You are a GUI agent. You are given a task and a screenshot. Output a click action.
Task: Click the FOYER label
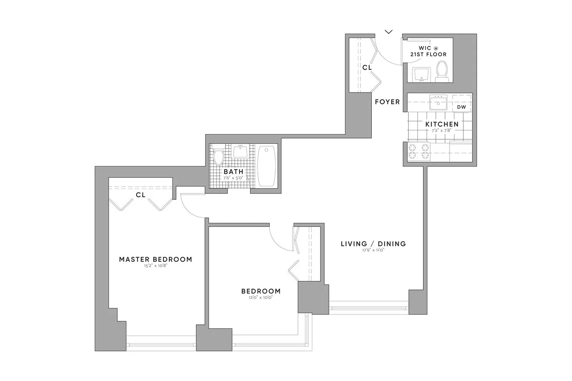click(387, 102)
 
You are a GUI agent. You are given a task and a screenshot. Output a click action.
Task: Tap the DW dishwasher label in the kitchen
click(461, 107)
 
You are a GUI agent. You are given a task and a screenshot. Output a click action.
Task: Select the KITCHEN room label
click(442, 124)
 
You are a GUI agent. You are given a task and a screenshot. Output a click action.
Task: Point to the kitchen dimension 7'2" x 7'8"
click(442, 131)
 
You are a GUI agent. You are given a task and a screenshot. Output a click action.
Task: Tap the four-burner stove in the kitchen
click(418, 151)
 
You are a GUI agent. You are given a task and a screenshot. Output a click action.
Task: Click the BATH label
click(233, 171)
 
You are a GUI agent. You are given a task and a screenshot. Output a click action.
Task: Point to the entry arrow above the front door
click(389, 31)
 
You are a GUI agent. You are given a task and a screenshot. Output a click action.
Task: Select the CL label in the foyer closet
click(367, 67)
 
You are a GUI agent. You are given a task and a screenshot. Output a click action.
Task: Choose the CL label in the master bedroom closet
click(140, 195)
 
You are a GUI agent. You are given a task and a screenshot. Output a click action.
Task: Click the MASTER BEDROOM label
click(156, 259)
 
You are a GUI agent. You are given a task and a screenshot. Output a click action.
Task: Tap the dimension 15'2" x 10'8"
click(156, 266)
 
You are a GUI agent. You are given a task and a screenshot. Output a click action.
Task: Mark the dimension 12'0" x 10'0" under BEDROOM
click(261, 298)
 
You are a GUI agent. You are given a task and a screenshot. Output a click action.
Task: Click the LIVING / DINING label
click(373, 244)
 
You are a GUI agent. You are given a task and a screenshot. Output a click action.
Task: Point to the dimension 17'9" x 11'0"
click(373, 251)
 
